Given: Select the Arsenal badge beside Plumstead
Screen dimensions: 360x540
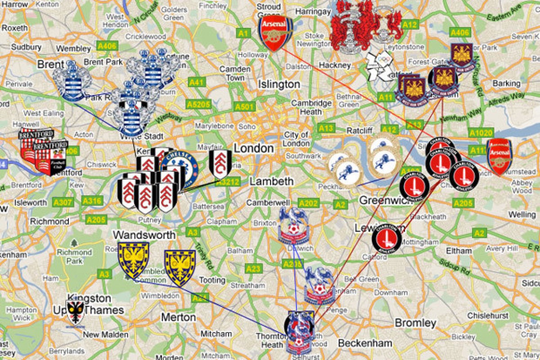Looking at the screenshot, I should [499, 156].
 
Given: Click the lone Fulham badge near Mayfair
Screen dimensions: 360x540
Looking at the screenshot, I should [220, 162].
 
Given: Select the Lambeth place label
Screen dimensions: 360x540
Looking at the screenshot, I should [271, 181].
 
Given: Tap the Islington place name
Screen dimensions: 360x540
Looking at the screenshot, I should [279, 84].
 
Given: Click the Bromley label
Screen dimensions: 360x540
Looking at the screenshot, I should [415, 323].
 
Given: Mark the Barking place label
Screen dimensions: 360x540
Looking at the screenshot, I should [506, 83].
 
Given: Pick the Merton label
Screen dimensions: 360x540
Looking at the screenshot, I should [178, 317].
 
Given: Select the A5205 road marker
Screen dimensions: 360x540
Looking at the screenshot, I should [198, 104].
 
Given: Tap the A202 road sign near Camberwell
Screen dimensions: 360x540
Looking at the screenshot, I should [308, 203].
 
